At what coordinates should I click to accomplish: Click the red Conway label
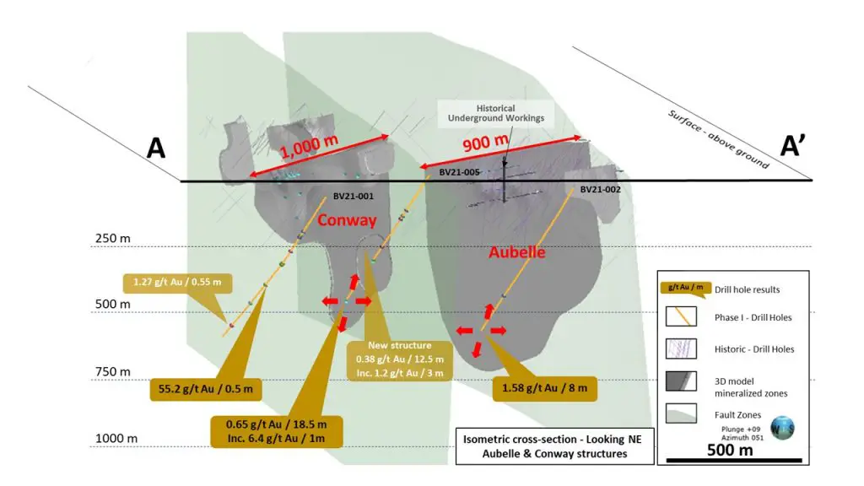[x=347, y=220]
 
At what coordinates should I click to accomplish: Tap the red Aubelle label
[x=517, y=252]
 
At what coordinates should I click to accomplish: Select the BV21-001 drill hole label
[x=354, y=196]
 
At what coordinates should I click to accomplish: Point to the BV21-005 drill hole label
[x=459, y=172]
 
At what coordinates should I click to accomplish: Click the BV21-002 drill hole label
[x=600, y=190]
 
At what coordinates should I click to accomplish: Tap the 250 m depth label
[x=113, y=239]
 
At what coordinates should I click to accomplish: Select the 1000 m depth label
[x=116, y=439]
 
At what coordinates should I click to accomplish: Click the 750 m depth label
[x=113, y=372]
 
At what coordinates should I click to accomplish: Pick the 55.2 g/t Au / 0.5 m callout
[x=206, y=389]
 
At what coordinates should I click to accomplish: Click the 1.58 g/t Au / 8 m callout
[x=544, y=388]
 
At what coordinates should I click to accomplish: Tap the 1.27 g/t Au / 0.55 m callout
[x=177, y=283]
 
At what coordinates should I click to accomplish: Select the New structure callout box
[x=399, y=359]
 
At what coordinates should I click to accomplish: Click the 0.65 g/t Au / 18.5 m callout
[x=276, y=431]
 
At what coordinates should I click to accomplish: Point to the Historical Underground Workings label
[x=495, y=114]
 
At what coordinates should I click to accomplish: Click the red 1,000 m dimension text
[x=309, y=146]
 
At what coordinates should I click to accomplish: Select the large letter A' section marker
[x=793, y=147]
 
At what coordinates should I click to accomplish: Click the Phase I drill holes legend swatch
[x=681, y=317]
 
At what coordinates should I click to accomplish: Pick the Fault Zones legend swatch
[x=681, y=413]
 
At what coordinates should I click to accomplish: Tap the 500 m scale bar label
[x=730, y=451]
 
